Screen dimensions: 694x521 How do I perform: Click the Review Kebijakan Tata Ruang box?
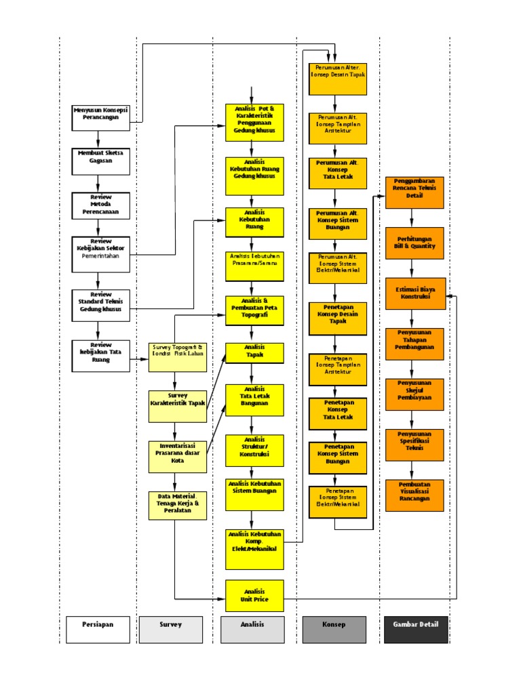(x=101, y=356)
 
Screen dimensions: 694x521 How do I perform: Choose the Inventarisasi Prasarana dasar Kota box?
(x=178, y=456)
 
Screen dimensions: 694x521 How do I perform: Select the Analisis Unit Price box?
(x=254, y=596)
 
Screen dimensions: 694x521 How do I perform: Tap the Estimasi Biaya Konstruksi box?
(x=414, y=293)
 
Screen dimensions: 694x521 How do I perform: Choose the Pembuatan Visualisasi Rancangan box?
(x=414, y=495)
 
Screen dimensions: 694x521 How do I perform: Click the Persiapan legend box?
(x=98, y=629)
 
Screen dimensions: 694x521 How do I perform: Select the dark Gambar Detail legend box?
(x=416, y=629)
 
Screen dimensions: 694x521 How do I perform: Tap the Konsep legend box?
(x=334, y=629)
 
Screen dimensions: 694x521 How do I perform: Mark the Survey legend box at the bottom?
(x=171, y=629)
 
